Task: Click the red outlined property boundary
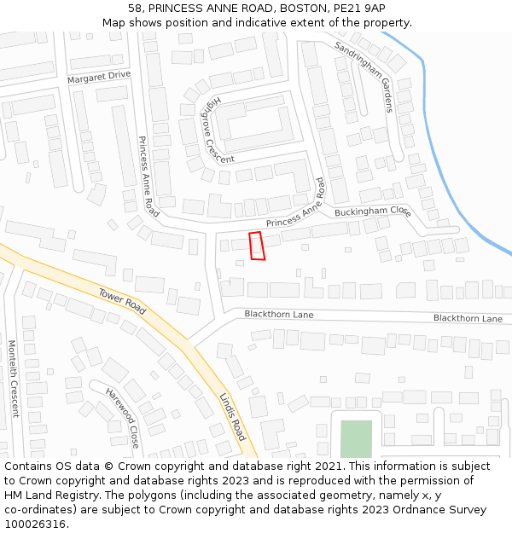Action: [257, 246]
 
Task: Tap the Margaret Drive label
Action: [99, 75]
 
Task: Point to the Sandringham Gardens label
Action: [364, 76]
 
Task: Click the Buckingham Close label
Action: [373, 211]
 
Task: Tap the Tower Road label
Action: [122, 301]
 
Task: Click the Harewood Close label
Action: [122, 418]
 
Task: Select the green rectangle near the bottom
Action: [357, 438]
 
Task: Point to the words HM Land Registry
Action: [47, 495]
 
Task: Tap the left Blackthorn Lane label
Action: [279, 315]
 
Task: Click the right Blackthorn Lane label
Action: [468, 318]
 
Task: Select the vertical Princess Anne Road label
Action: [148, 175]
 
